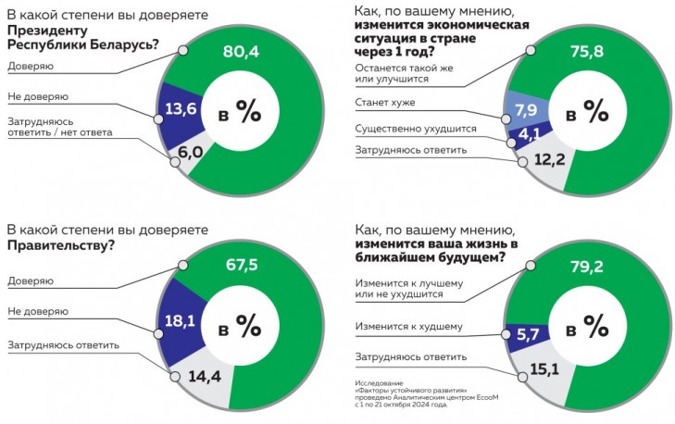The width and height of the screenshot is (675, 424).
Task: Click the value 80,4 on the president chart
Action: coord(242,53)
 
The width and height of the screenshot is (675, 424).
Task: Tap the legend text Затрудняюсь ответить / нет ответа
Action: coord(60,127)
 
